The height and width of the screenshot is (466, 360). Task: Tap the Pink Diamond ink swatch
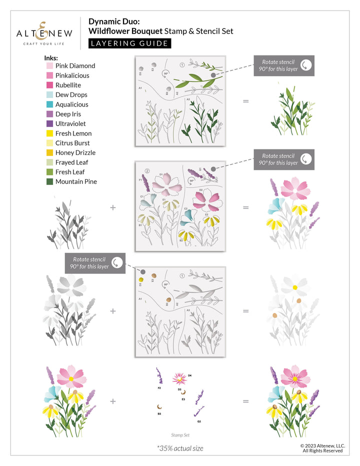coord(50,65)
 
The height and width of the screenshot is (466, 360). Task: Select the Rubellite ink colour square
coord(50,85)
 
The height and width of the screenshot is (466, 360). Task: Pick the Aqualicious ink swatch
coord(50,104)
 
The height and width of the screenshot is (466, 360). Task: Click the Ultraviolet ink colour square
coord(50,123)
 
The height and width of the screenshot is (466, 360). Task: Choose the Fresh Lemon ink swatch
coord(50,133)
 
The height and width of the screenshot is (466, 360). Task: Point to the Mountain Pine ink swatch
coord(50,181)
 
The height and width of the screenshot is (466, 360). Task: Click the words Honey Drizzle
coord(75,152)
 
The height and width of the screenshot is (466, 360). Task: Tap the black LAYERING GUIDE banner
coord(129,43)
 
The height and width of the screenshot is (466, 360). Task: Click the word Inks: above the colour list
coord(51,57)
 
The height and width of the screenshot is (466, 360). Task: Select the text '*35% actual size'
coord(180,448)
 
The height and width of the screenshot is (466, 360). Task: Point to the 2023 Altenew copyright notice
coord(322,448)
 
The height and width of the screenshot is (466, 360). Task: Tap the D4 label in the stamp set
coord(190,375)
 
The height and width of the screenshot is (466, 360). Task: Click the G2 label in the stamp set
coord(198,421)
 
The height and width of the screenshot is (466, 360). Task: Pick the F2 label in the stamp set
coord(159,387)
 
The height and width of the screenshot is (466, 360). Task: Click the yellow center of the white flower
coord(295,287)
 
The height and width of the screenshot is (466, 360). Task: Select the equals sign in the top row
coord(245,101)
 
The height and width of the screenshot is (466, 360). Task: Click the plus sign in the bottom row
coord(112,401)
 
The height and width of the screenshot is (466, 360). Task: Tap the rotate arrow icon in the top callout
coord(305,65)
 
